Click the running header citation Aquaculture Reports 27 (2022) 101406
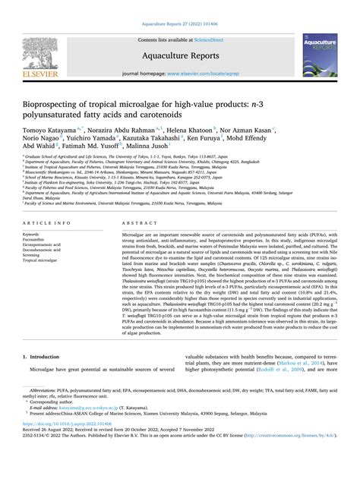[180, 8]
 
